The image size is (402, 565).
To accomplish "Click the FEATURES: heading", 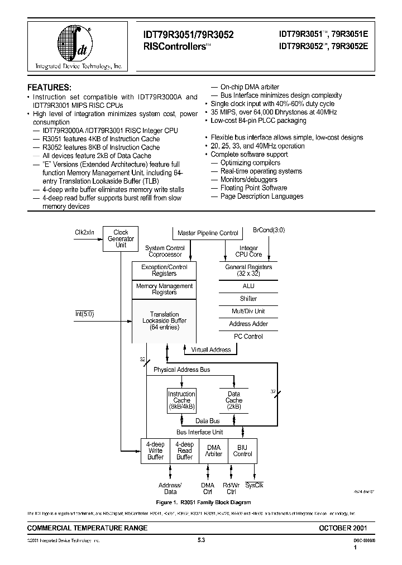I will click(50, 87).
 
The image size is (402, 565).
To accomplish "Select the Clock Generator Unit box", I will click(121, 238).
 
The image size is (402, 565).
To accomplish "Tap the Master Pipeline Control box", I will click(207, 233).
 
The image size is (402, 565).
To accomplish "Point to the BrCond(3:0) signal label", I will click(268, 229).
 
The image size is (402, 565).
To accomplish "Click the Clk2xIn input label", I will click(85, 232).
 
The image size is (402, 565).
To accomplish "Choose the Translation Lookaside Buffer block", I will click(164, 321).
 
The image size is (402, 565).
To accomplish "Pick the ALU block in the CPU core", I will click(248, 286).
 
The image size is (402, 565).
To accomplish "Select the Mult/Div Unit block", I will click(248, 311).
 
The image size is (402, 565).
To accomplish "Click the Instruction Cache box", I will click(181, 400).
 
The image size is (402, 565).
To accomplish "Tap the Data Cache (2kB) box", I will click(234, 400).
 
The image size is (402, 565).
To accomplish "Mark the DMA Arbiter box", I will click(214, 451).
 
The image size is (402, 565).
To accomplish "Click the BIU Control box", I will click(243, 451).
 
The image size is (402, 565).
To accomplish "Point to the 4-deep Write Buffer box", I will click(155, 451).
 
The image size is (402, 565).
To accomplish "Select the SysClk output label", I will click(254, 485).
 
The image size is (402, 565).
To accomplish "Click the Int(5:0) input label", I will click(85, 314).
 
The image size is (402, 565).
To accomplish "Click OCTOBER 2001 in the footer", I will click(343, 528).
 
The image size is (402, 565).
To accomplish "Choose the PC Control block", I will click(248, 336).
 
